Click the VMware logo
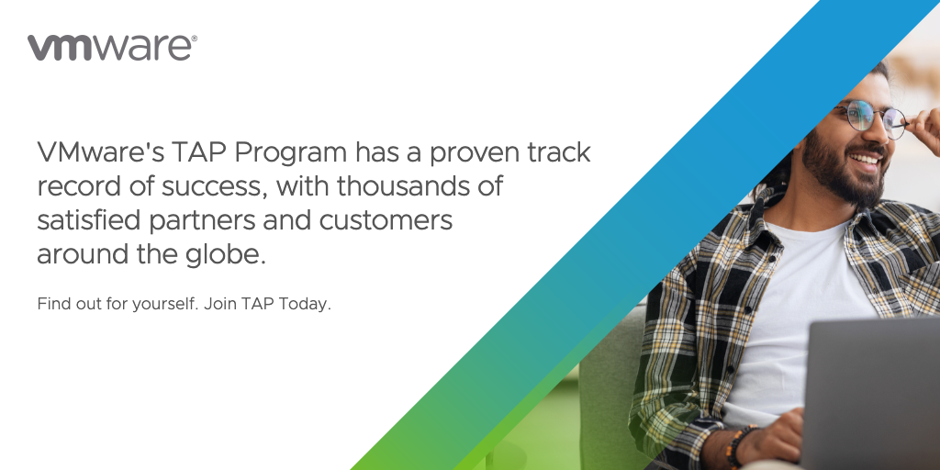111,48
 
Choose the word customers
386,221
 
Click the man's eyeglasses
870,117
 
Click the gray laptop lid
871,393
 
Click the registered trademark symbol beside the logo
194,39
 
